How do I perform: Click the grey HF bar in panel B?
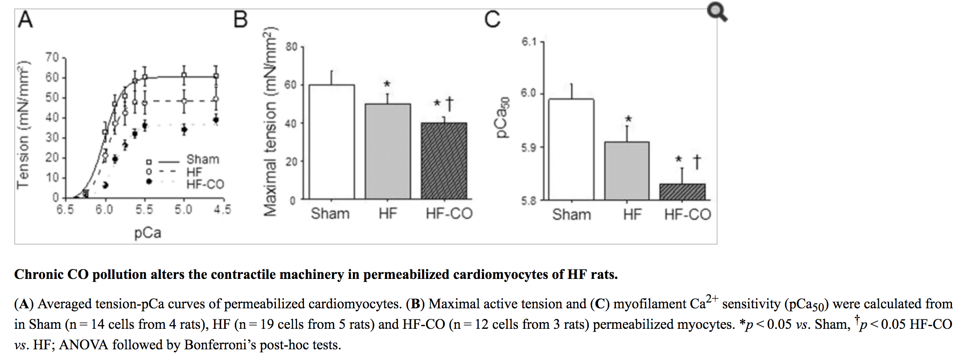[x=388, y=151]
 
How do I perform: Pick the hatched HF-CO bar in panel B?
[x=444, y=161]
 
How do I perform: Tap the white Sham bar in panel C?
[x=571, y=150]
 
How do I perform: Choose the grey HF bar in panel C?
[x=627, y=171]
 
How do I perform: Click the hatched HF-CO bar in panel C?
[x=682, y=192]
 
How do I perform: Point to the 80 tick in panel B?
[x=291, y=47]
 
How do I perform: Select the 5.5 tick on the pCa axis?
[x=144, y=209]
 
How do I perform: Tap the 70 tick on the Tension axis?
[x=52, y=57]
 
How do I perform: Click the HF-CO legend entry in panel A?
[x=205, y=184]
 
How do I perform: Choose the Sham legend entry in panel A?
[x=203, y=160]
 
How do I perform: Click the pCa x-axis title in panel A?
[x=148, y=233]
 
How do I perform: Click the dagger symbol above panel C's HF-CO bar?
[x=697, y=162]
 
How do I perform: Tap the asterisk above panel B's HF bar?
[x=387, y=84]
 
